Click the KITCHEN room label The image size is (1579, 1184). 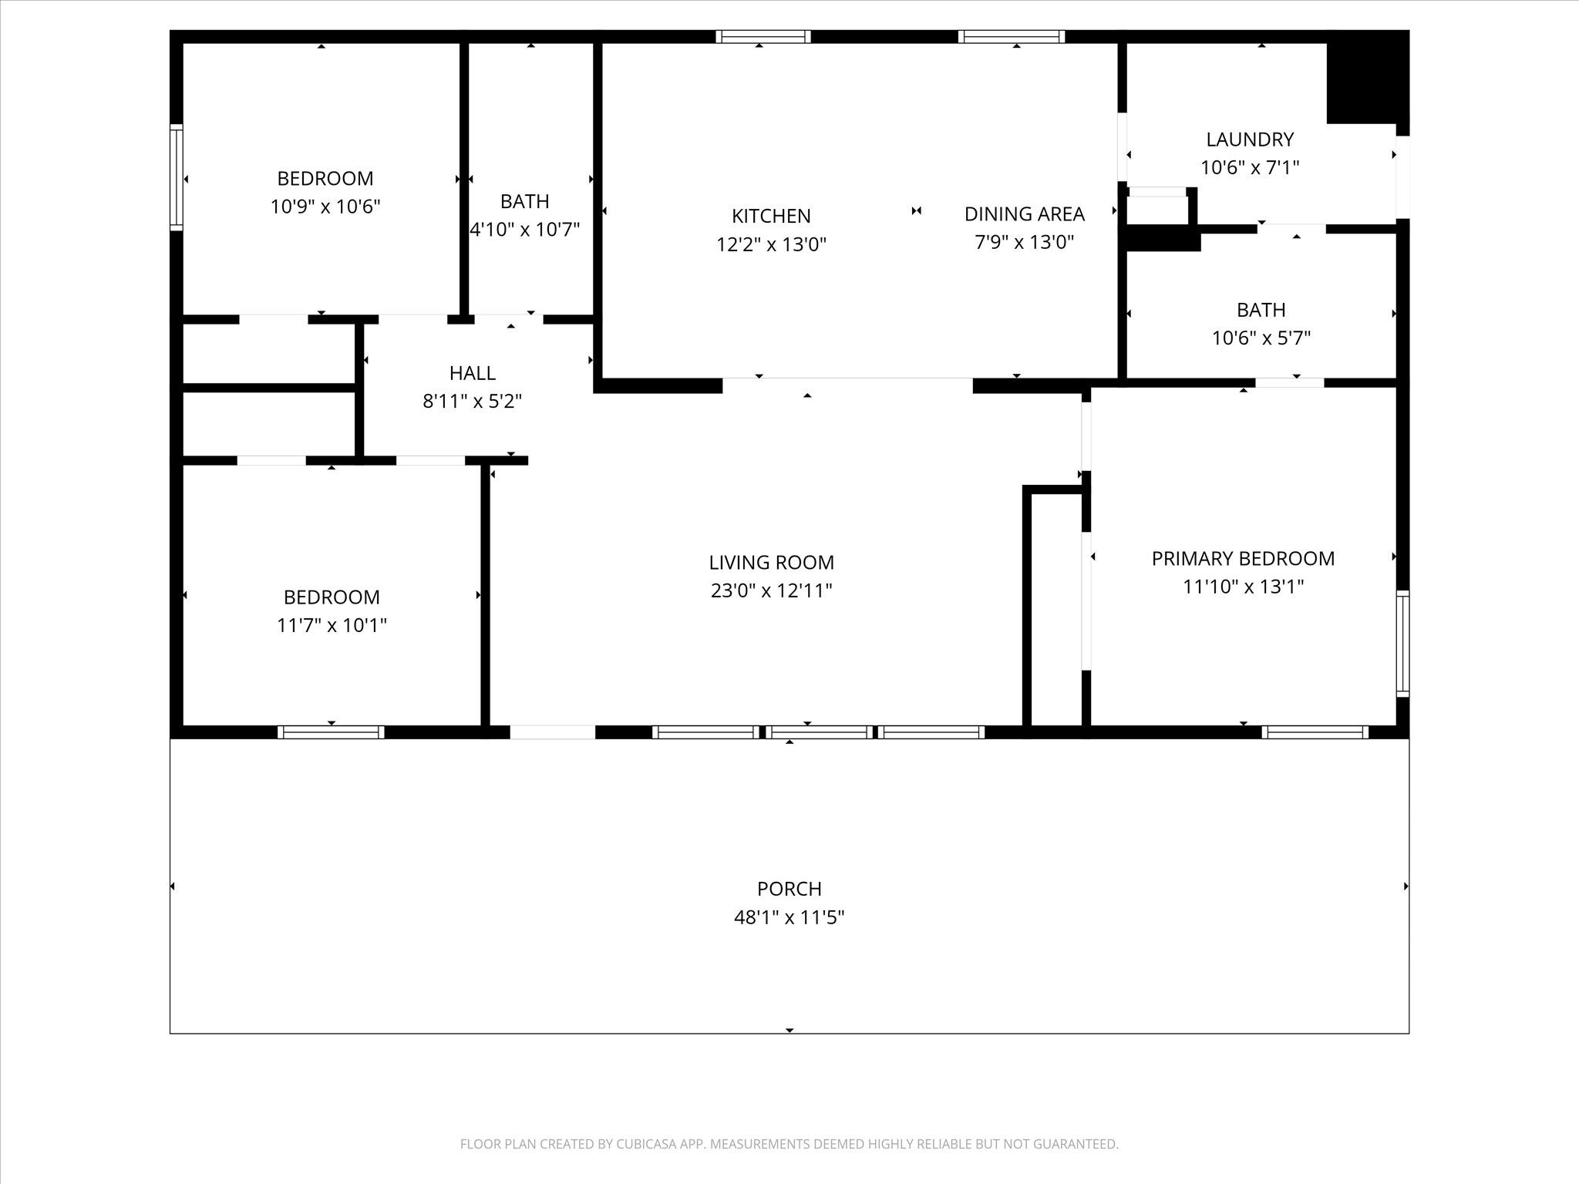[x=771, y=216]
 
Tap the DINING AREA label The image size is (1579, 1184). [x=1025, y=214]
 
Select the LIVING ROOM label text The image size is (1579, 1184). [x=771, y=563]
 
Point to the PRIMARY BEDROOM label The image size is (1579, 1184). [x=1243, y=559]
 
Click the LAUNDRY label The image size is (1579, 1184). [x=1250, y=140]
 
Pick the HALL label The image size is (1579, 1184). [x=473, y=373]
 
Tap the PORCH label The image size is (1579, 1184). [x=789, y=889]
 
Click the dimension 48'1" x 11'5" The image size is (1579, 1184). [x=789, y=917]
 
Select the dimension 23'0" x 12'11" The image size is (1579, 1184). [x=771, y=590]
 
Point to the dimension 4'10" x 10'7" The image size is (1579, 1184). [x=525, y=230]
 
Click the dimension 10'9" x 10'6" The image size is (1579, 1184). [x=325, y=207]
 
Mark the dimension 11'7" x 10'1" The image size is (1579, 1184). [x=332, y=625]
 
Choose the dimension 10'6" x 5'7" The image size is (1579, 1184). [x=1261, y=338]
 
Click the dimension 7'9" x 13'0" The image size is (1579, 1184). [x=1025, y=242]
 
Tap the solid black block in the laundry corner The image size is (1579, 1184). [x=1368, y=77]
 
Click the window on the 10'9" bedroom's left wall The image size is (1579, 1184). [x=177, y=177]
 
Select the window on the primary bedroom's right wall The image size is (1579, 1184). [x=1403, y=644]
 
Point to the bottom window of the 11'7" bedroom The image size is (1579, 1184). [x=331, y=732]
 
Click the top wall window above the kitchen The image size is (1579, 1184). [x=763, y=36]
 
